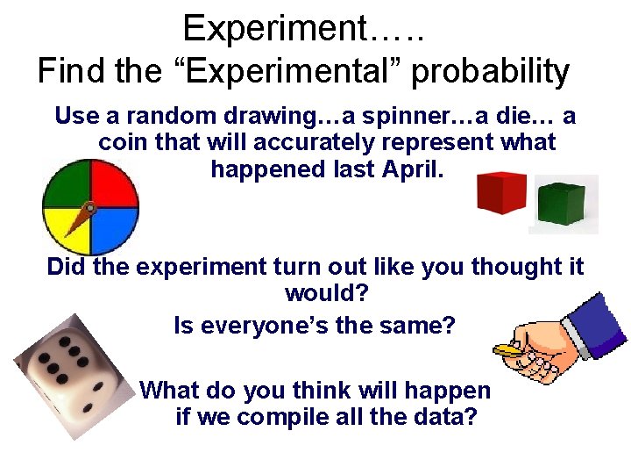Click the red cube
500,193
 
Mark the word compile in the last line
289,417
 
